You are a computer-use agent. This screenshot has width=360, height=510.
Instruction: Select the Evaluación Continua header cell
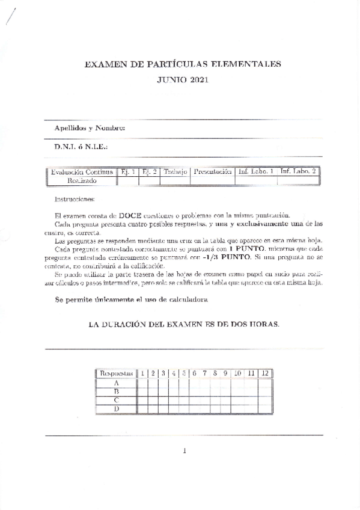[82, 172]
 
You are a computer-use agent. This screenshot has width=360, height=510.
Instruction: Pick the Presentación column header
[213, 172]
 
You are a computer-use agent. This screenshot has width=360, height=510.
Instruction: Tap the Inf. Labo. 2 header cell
[298, 172]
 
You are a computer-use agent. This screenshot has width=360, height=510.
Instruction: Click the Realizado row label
[82, 180]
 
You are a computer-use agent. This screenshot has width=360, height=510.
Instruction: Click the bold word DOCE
[131, 216]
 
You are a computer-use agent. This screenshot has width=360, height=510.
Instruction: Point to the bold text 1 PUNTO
[246, 248]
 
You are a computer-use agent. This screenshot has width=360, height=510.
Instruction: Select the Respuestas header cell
[116, 373]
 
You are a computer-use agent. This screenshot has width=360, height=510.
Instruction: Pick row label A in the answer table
[116, 382]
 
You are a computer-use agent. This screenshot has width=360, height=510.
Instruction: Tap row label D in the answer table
[116, 410]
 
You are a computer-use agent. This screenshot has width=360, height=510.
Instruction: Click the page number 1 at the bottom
[185, 451]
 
